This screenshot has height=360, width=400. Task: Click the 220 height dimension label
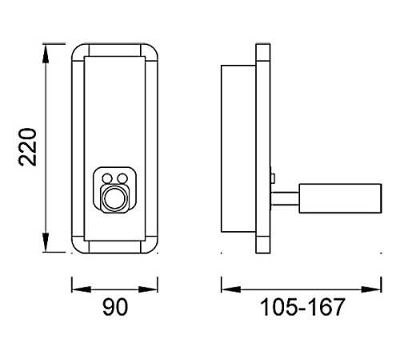point(27,147)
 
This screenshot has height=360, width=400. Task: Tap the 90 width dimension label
point(115,307)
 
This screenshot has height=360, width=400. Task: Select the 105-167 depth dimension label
point(302,307)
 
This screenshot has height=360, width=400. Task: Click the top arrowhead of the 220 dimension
point(46,54)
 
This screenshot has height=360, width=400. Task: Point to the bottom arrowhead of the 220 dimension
point(46,242)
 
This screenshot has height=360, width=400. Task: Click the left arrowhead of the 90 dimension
point(82,289)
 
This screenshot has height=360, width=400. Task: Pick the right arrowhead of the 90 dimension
point(148,289)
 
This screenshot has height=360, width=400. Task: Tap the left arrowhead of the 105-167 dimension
point(231,289)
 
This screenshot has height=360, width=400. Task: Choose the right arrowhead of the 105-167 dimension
point(371,289)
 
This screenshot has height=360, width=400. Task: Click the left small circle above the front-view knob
point(107,178)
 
